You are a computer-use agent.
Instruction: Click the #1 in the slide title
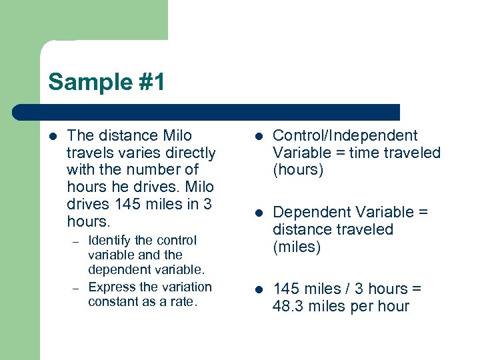tap(147, 82)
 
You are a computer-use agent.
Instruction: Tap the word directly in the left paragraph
tap(190, 153)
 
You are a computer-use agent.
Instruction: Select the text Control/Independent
tap(345, 136)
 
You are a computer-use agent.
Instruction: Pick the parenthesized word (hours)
tap(298, 169)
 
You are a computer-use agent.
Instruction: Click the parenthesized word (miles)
tap(297, 247)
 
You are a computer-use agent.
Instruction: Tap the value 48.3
tap(289, 306)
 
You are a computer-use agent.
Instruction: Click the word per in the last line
tap(364, 306)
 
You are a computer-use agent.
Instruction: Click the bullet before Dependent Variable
tap(259, 213)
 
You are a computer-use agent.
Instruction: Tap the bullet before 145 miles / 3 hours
tap(259, 289)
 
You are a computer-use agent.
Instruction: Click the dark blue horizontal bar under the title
tap(207, 112)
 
